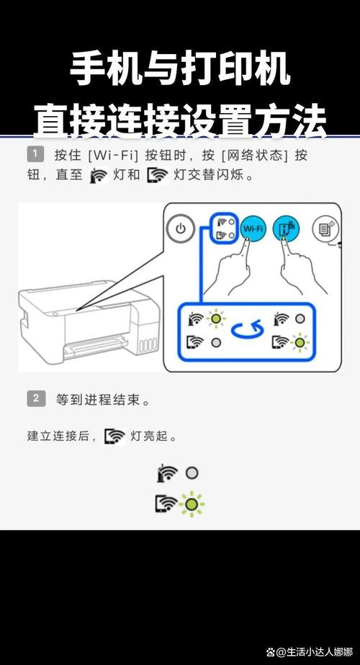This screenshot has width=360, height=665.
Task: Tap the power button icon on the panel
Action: pyautogui.click(x=181, y=230)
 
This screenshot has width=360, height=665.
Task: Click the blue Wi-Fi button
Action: pyautogui.click(x=253, y=229)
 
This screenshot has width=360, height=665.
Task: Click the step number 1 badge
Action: pyautogui.click(x=35, y=153)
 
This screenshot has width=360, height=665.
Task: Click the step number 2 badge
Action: pyautogui.click(x=35, y=398)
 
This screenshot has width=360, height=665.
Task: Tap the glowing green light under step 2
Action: pyautogui.click(x=191, y=503)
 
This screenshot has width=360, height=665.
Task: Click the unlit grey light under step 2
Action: pyautogui.click(x=192, y=473)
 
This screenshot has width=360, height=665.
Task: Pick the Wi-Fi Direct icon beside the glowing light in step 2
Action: pyautogui.click(x=166, y=503)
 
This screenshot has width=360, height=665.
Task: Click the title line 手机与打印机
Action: pyautogui.click(x=180, y=71)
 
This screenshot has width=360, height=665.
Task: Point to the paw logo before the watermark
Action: pyautogui.click(x=271, y=651)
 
